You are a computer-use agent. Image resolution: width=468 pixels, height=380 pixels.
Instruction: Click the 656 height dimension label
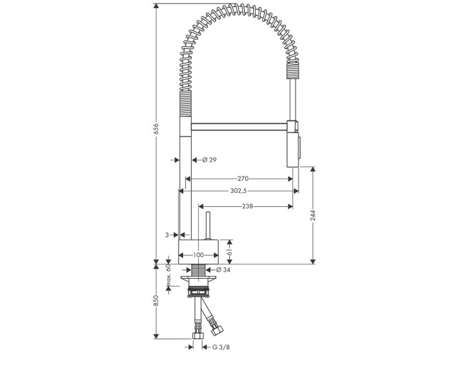(156, 129)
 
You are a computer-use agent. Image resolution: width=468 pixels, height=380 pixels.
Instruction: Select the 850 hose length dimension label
(156, 300)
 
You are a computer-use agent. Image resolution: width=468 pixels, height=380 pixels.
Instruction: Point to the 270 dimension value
(243, 178)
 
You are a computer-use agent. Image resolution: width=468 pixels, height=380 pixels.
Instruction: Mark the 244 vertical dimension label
(313, 215)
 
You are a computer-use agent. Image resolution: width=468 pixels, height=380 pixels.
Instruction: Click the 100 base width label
(198, 255)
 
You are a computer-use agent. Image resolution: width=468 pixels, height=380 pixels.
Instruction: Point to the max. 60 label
(168, 276)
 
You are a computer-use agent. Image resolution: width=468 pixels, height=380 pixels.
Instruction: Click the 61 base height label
(230, 251)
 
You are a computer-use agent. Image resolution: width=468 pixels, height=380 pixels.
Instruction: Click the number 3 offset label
(167, 234)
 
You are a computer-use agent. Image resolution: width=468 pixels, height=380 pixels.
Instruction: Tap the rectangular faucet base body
(198, 251)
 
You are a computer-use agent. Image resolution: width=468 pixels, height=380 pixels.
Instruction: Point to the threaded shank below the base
(199, 270)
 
